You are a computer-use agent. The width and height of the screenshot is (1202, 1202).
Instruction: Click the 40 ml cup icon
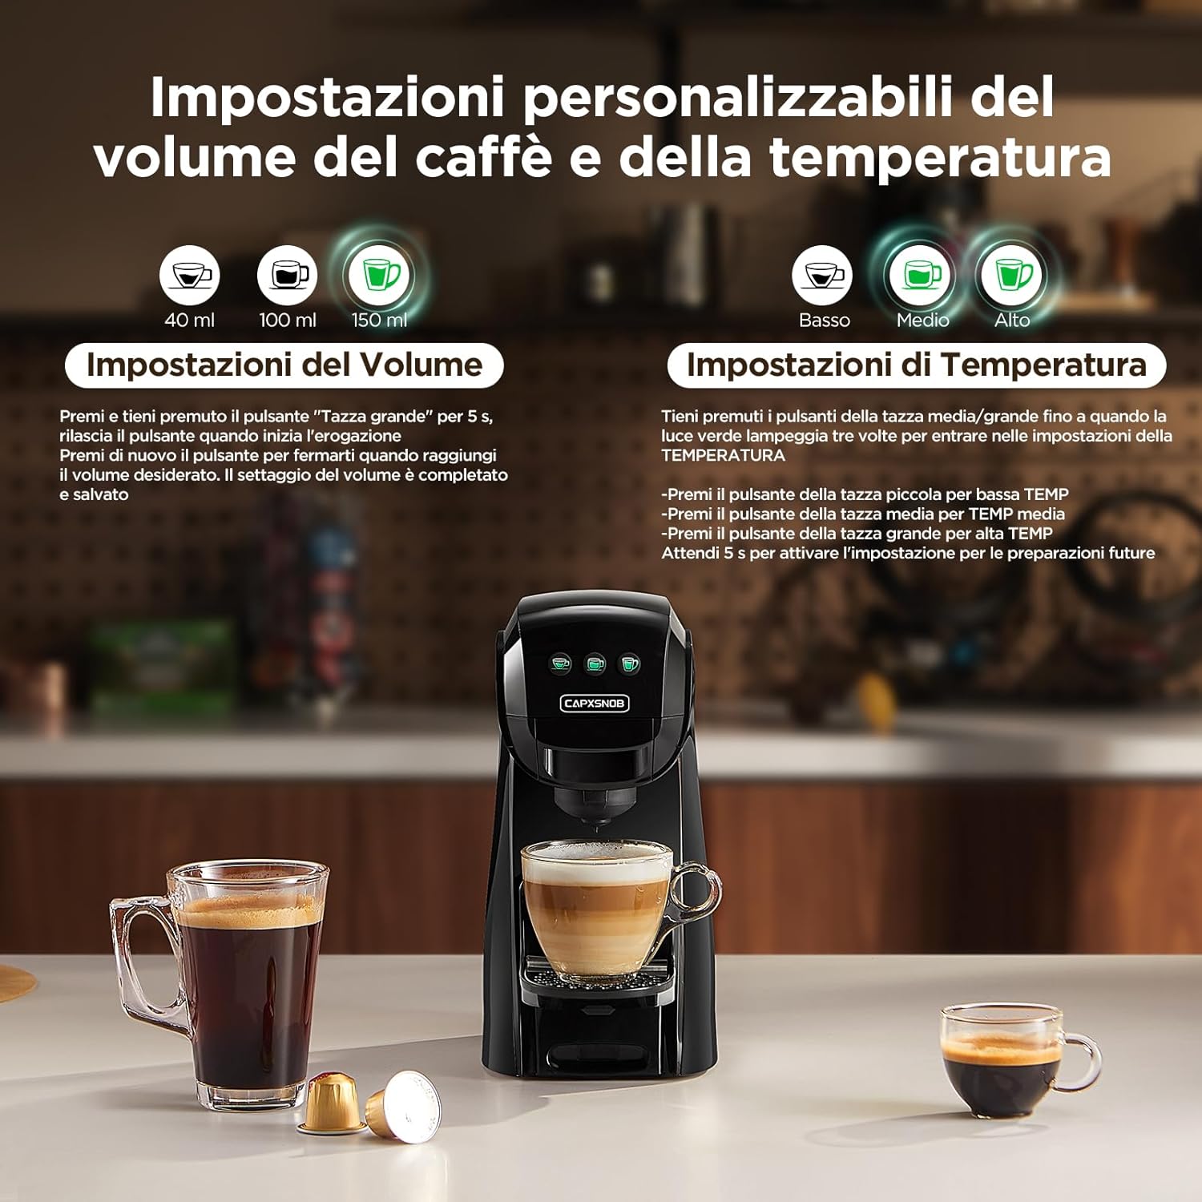[x=189, y=275]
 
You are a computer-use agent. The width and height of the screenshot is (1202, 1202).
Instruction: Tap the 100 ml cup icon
[x=287, y=275]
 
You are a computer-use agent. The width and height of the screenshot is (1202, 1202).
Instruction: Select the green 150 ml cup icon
[x=381, y=275]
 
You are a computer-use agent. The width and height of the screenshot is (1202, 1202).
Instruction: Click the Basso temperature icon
[x=822, y=275]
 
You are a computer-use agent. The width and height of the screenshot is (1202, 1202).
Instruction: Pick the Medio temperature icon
[x=920, y=275]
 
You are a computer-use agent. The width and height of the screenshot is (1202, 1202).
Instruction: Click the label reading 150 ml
[x=379, y=320]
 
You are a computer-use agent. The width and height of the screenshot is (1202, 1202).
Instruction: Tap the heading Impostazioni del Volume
[x=284, y=365]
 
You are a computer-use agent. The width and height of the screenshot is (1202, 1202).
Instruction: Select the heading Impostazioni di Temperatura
[x=916, y=365]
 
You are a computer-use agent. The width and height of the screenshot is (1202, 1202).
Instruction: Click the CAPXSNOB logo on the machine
[x=595, y=704]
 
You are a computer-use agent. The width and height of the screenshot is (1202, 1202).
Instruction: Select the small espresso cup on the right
[x=1006, y=1058]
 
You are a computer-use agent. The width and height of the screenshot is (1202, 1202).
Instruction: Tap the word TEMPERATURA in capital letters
[x=723, y=455]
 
